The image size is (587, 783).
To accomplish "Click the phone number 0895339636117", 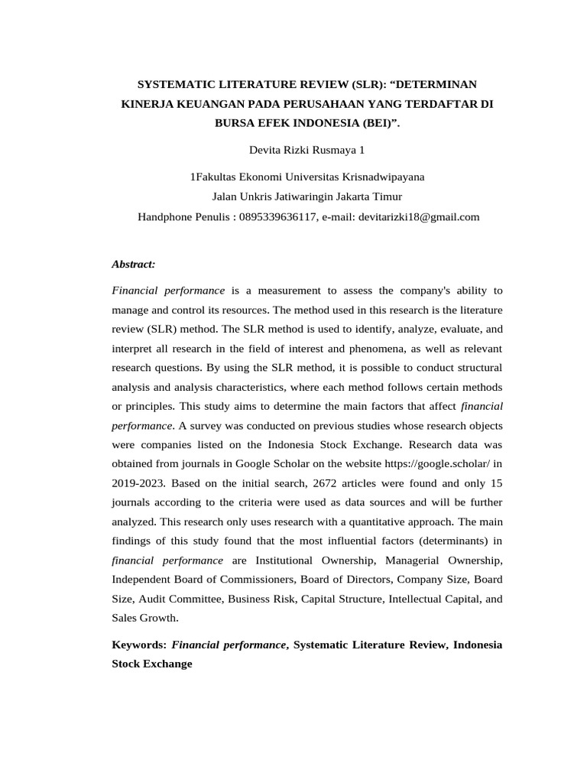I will [277, 216].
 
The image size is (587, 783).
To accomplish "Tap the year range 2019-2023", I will [138, 482].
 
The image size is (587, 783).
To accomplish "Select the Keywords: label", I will [139, 645].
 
